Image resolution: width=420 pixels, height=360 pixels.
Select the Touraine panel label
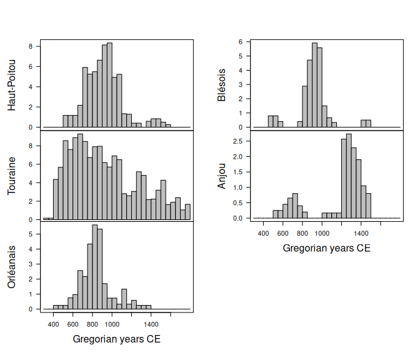pyautogui.click(x=12, y=176)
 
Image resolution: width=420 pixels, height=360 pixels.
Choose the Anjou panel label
pyautogui.click(x=221, y=176)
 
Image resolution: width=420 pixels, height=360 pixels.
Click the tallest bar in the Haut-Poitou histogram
pyautogui.click(x=109, y=85)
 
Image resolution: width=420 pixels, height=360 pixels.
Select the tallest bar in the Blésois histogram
pyautogui.click(x=314, y=85)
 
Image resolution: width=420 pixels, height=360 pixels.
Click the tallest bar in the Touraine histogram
pyautogui.click(x=80, y=177)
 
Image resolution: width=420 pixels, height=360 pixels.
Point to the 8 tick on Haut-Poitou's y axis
pyautogui.click(x=31, y=46)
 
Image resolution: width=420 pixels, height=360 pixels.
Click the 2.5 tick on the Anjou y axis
pyautogui.click(x=238, y=141)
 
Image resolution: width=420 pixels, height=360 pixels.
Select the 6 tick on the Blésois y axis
pyautogui.click(x=240, y=42)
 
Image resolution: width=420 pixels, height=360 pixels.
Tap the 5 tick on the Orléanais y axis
pyautogui.click(x=31, y=234)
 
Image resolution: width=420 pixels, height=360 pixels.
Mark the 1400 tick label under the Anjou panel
pyautogui.click(x=361, y=232)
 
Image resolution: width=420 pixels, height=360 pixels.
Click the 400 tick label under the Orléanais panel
pyautogui.click(x=53, y=324)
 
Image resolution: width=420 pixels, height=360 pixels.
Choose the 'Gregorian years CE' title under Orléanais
pyautogui.click(x=117, y=339)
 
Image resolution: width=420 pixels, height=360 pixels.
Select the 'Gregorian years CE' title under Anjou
pyautogui.click(x=326, y=248)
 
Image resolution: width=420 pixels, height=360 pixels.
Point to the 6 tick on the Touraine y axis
pyautogui.click(x=31, y=164)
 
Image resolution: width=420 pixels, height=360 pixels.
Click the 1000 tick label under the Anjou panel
pyautogui.click(x=322, y=232)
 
